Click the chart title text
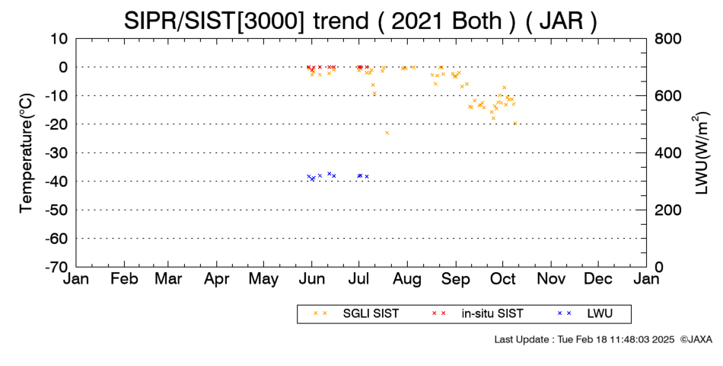point(360,21)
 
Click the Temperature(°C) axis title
point(27,153)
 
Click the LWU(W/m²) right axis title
point(700,153)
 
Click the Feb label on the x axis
point(125,278)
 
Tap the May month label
point(264,278)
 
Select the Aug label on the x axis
point(407,278)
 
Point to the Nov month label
point(551,278)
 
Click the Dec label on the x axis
point(598,278)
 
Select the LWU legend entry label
point(600,313)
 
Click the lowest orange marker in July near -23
point(387,133)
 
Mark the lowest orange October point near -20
point(515,123)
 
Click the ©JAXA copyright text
point(696,339)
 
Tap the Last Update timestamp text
point(584,339)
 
